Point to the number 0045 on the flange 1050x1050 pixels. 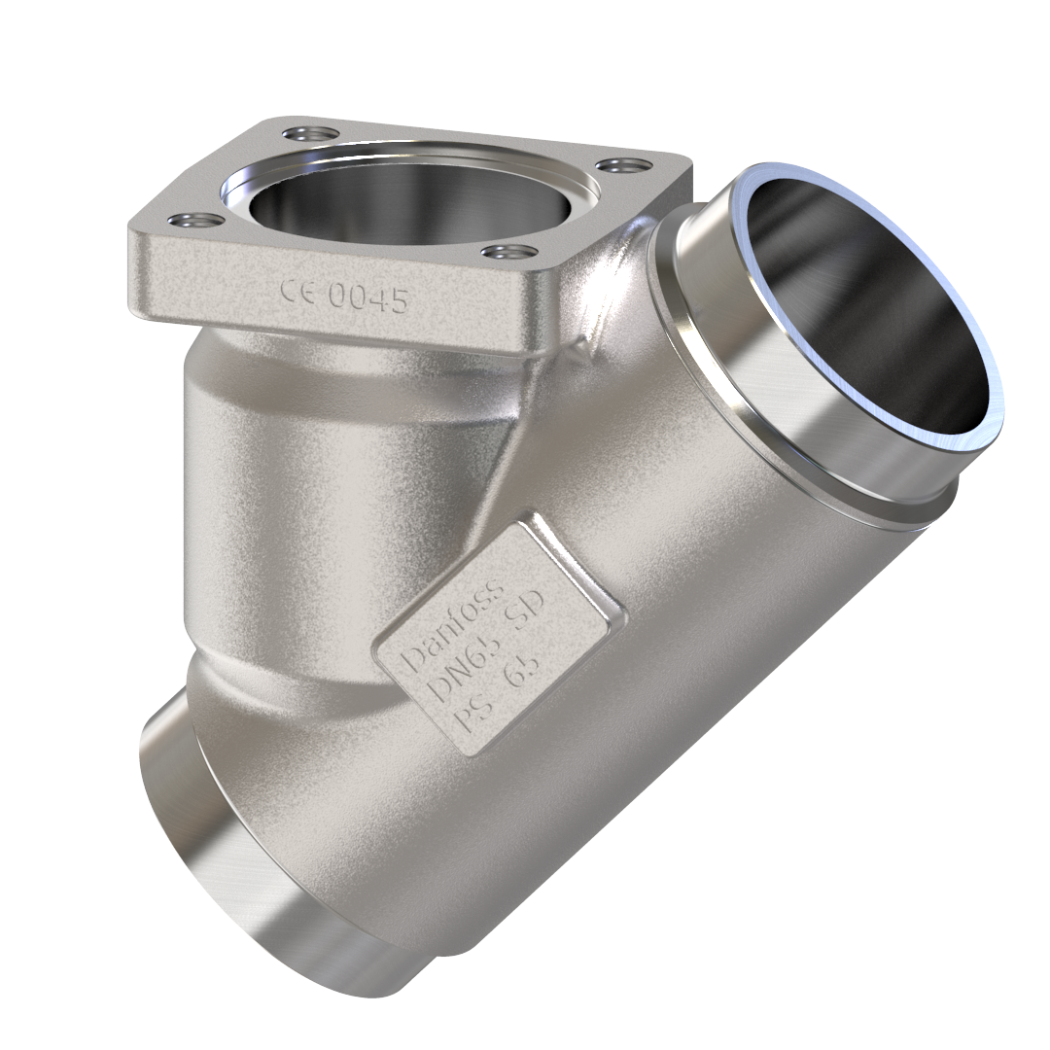(367, 298)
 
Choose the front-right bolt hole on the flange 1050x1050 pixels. (508, 254)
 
